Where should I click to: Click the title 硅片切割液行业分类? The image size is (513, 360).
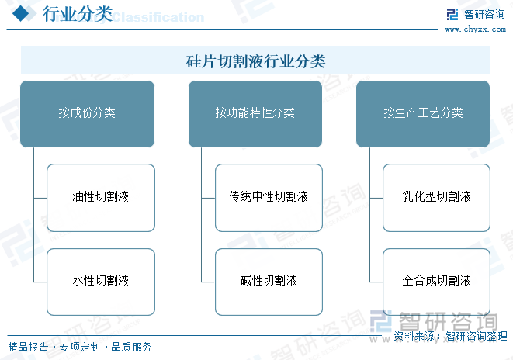pyautogui.click(x=255, y=61)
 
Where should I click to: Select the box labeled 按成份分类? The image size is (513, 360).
pyautogui.click(x=87, y=113)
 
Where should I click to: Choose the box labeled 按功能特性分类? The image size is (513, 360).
pyautogui.click(x=255, y=113)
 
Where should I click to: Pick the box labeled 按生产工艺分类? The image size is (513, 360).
pyautogui.click(x=423, y=113)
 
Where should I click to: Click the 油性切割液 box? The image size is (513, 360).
pyautogui.click(x=101, y=197)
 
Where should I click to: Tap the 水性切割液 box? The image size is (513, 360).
pyautogui.click(x=101, y=281)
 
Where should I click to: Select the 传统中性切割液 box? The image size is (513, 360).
pyautogui.click(x=269, y=197)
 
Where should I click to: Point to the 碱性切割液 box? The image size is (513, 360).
pyautogui.click(x=269, y=281)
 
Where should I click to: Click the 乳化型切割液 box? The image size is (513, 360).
pyautogui.click(x=437, y=197)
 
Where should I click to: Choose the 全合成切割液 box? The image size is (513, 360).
pyautogui.click(x=437, y=281)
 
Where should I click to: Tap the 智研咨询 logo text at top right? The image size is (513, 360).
pyautogui.click(x=484, y=14)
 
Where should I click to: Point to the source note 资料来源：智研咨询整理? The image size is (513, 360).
pyautogui.click(x=450, y=336)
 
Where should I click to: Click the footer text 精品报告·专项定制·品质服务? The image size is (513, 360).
pyautogui.click(x=80, y=347)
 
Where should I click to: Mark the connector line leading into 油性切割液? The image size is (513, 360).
pyautogui.click(x=40, y=197)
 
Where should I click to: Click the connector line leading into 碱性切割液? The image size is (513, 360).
pyautogui.click(x=208, y=281)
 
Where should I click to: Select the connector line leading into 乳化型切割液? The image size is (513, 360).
pyautogui.click(x=376, y=197)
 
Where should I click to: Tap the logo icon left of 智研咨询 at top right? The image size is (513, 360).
pyautogui.click(x=452, y=14)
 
